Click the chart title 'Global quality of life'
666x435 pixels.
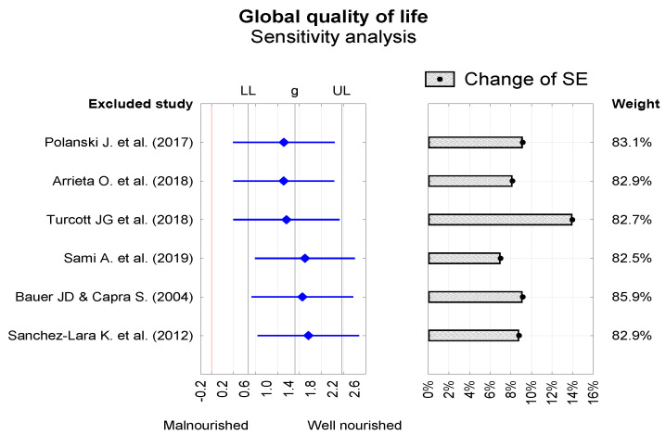tap(332, 17)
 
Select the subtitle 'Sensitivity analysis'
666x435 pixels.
tap(332, 38)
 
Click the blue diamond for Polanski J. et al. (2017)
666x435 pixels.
tap(284, 142)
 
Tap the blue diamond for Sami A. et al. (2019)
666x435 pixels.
tap(304, 258)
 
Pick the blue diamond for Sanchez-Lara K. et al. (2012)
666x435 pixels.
tap(308, 335)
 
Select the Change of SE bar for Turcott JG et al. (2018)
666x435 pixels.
tap(500, 219)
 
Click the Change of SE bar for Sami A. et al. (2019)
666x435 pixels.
tap(464, 258)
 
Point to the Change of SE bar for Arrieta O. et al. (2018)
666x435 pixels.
tap(470, 181)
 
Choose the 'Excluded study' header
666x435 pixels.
tap(140, 103)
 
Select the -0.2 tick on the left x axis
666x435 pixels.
tap(201, 389)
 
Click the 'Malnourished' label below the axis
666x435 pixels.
tap(206, 425)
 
